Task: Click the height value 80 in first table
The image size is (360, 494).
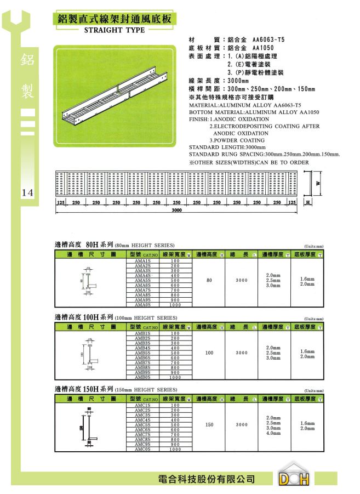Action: point(209,280)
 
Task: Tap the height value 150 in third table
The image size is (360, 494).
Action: point(209,424)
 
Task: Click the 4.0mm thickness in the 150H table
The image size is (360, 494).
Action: point(273,433)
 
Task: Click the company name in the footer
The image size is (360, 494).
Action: point(207,479)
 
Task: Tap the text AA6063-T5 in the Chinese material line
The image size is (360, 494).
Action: point(268,41)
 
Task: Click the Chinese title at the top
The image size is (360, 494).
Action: point(115,19)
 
